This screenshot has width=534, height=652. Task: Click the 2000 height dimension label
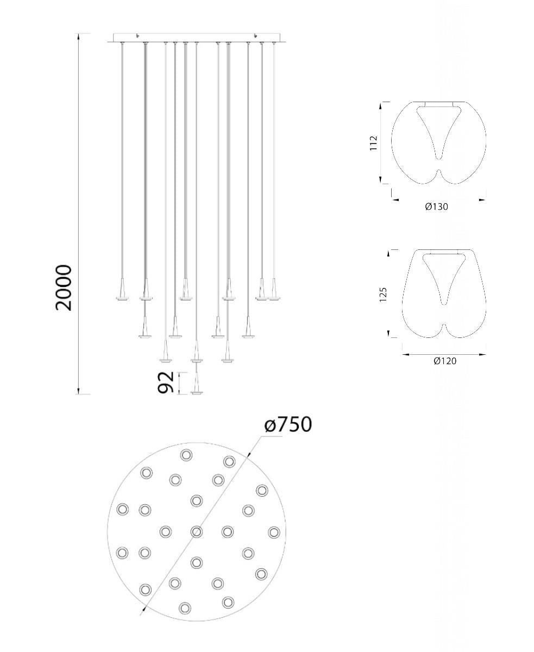tap(64, 287)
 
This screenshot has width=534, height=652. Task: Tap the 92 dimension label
tap(166, 382)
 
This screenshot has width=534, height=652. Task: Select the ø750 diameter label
tap(288, 424)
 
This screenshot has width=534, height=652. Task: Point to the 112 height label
tap(374, 143)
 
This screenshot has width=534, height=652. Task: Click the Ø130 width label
tap(436, 206)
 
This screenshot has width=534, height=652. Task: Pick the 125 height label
tap(383, 294)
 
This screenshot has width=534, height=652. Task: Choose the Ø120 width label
tap(445, 361)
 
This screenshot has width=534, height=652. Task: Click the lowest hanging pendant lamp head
tap(197, 383)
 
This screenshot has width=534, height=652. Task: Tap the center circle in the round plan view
tap(197, 532)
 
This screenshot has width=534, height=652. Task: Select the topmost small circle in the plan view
tap(186, 455)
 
